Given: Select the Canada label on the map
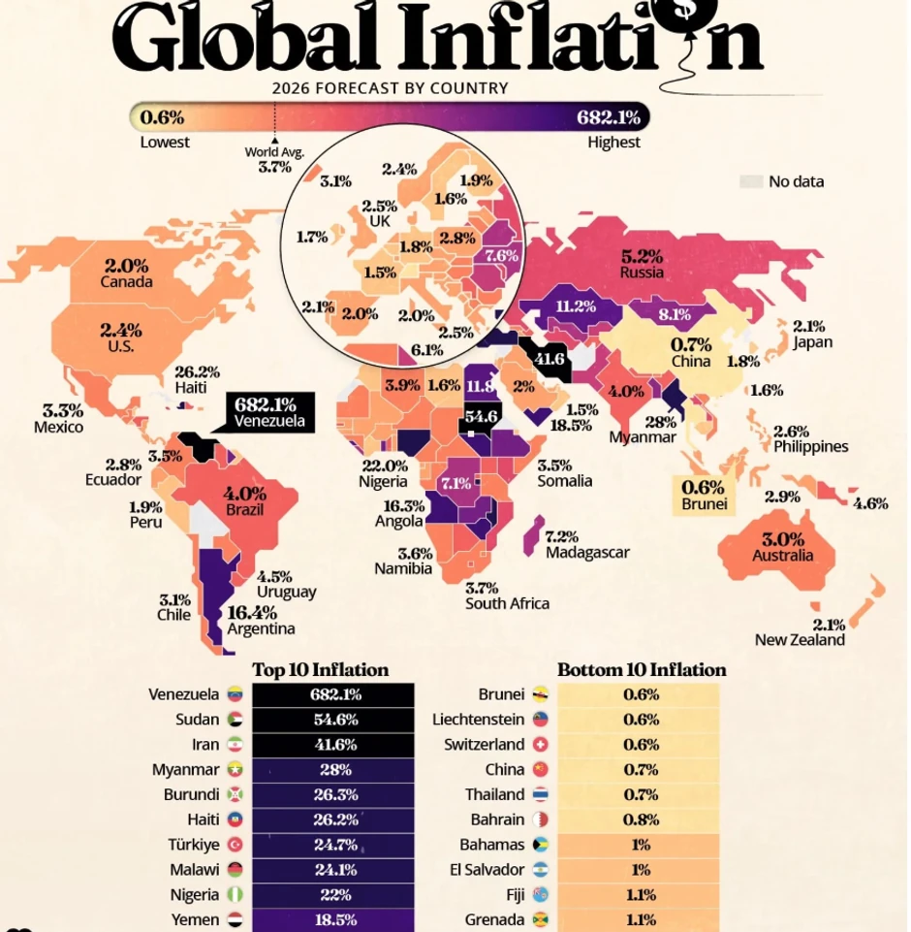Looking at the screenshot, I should tap(126, 282).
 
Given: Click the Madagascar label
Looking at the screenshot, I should tap(587, 553).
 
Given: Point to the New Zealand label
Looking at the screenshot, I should tap(800, 640).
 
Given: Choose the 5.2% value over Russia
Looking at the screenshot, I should tap(642, 257).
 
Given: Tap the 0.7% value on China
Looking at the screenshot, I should tap(691, 344).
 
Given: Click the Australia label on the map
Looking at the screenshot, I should tap(782, 556).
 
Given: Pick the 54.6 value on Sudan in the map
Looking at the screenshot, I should tap(481, 417).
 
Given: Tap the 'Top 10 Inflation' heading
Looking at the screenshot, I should tap(320, 670).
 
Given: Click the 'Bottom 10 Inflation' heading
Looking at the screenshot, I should tap(641, 670).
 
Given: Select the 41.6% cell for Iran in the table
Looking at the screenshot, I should tap(332, 745).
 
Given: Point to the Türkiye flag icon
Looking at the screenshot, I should tap(235, 845).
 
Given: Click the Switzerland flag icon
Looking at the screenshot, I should tap(541, 745).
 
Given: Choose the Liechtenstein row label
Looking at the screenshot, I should tap(478, 720).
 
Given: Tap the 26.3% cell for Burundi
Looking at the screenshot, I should tap(332, 794).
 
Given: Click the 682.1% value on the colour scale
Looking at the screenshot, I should tap(609, 118).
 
